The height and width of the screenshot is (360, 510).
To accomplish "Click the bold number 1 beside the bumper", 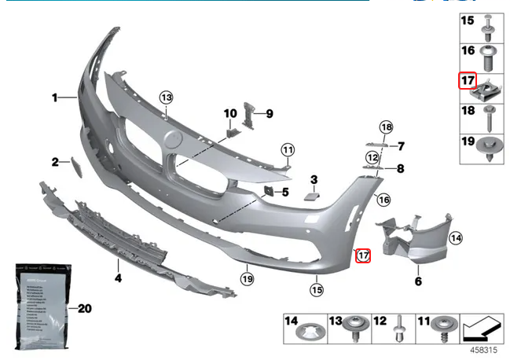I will tap(55, 98).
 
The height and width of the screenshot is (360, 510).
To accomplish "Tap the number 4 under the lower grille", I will tap(118, 277).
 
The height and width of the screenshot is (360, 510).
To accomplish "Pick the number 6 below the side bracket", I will tap(417, 281).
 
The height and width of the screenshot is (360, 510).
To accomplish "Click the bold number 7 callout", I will tap(400, 146).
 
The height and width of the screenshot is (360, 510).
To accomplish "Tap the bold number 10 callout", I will tap(230, 114).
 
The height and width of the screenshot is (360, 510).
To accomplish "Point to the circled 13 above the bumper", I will tap(166, 97).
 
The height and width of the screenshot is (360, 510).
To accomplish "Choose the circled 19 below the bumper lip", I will tap(247, 278).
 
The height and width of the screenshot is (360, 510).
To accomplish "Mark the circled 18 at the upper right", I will tap(385, 127).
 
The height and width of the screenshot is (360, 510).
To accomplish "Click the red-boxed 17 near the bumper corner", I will tap(363, 255).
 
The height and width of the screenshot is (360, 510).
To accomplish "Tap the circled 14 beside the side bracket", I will tap(457, 237).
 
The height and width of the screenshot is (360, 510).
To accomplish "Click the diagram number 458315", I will tap(484, 348).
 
